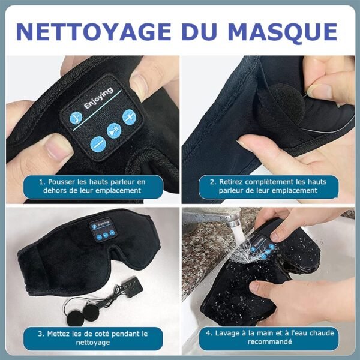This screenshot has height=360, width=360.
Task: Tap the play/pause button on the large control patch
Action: tap(113, 130)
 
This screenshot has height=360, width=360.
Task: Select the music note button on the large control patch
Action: tap(77, 118)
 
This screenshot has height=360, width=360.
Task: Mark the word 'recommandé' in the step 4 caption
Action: tap(269, 342)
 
